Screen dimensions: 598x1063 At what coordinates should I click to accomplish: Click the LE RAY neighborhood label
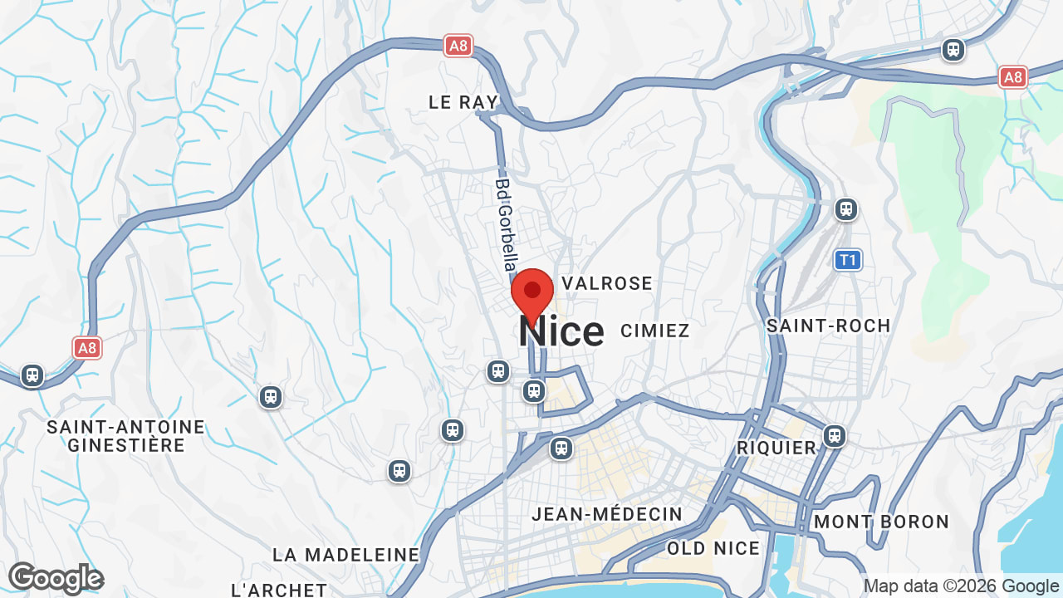pos(463,102)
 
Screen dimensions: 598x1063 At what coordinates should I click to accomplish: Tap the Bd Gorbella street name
pos(504,224)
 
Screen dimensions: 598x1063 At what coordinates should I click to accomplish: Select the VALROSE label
pos(607,284)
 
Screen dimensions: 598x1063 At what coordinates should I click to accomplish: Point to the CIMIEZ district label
pos(655,331)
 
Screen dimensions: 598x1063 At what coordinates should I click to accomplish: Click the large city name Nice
pos(561,332)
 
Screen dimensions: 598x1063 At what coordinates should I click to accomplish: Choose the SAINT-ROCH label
pos(828,326)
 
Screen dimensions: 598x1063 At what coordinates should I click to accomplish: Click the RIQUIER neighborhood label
pos(777,448)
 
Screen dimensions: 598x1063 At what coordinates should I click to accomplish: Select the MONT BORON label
pos(881,522)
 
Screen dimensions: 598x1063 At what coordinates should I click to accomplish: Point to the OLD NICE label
pos(713,548)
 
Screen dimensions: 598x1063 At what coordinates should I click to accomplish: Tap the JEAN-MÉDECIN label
pos(607,515)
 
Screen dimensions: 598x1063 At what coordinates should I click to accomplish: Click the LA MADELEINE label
pos(346,555)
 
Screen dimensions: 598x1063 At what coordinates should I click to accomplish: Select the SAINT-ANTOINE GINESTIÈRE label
pos(126,436)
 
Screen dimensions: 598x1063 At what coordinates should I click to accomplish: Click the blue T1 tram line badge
pos(848,260)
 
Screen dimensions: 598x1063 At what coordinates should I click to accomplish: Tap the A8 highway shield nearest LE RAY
pos(458,46)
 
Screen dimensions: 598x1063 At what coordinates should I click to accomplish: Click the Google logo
pos(56,578)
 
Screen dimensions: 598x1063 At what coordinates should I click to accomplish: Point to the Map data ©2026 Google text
pos(961,586)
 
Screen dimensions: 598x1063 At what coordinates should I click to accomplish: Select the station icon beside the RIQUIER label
pos(835,435)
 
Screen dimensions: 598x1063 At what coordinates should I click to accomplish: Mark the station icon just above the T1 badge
pos(846,209)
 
